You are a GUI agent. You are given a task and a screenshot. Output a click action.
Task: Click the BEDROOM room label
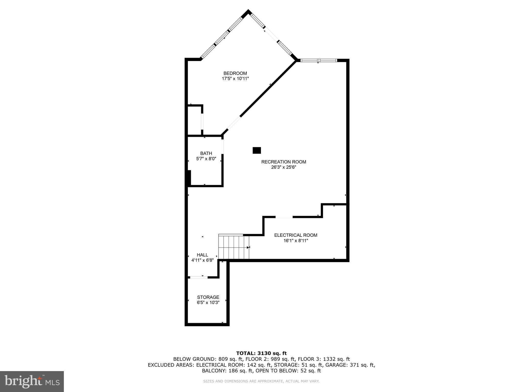(235, 73)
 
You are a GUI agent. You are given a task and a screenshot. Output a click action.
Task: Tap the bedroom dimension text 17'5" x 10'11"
(235, 79)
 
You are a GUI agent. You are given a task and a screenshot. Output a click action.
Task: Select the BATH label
(206, 153)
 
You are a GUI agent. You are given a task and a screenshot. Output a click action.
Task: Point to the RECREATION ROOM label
(283, 162)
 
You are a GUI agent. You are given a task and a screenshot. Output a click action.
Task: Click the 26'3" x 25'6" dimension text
(283, 167)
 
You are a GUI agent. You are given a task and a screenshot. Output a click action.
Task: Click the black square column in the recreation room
(257, 151)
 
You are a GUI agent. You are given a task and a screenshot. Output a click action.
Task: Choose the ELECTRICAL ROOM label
(296, 235)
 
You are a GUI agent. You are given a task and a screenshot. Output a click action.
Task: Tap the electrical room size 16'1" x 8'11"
(296, 241)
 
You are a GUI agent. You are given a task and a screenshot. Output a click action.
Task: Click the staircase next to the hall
(234, 247)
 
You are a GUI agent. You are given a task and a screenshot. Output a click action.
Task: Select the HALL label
(202, 255)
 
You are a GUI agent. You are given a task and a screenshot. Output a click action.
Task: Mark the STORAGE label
(208, 297)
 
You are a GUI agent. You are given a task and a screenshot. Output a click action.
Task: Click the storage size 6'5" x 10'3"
(208, 303)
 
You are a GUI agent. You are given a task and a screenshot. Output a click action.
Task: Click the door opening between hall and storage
(199, 277)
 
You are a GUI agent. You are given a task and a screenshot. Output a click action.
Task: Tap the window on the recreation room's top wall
(318, 60)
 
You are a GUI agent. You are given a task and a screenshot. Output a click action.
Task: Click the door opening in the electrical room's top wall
(284, 217)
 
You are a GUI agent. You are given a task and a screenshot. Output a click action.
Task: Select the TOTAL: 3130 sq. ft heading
(261, 353)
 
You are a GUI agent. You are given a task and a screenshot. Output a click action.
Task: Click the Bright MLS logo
(32, 381)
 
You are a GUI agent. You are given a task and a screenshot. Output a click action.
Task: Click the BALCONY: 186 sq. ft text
(227, 371)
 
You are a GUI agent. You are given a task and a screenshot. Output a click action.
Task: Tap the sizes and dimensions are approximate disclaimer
(261, 381)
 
